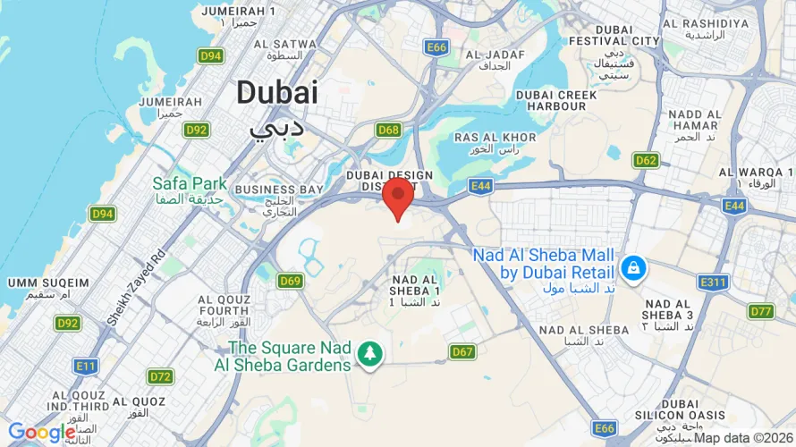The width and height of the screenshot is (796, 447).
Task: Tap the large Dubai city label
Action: pos(277,93)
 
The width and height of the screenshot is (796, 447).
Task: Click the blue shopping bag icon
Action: pos(633,266)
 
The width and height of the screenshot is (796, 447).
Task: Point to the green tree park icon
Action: pos(368,354)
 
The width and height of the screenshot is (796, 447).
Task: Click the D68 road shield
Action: pos(388,131)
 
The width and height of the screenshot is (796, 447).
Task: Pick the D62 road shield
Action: pos(646,160)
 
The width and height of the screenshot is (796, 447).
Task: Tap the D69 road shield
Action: pos(290,281)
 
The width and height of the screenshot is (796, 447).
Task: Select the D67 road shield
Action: pos(462,351)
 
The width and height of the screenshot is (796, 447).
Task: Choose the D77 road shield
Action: pos(761,311)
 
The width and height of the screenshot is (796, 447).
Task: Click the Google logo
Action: pos(41,434)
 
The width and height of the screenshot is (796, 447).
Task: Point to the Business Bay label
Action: pos(278,190)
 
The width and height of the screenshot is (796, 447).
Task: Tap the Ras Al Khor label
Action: pos(495,138)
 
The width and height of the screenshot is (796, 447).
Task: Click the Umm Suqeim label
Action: pos(48,283)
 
